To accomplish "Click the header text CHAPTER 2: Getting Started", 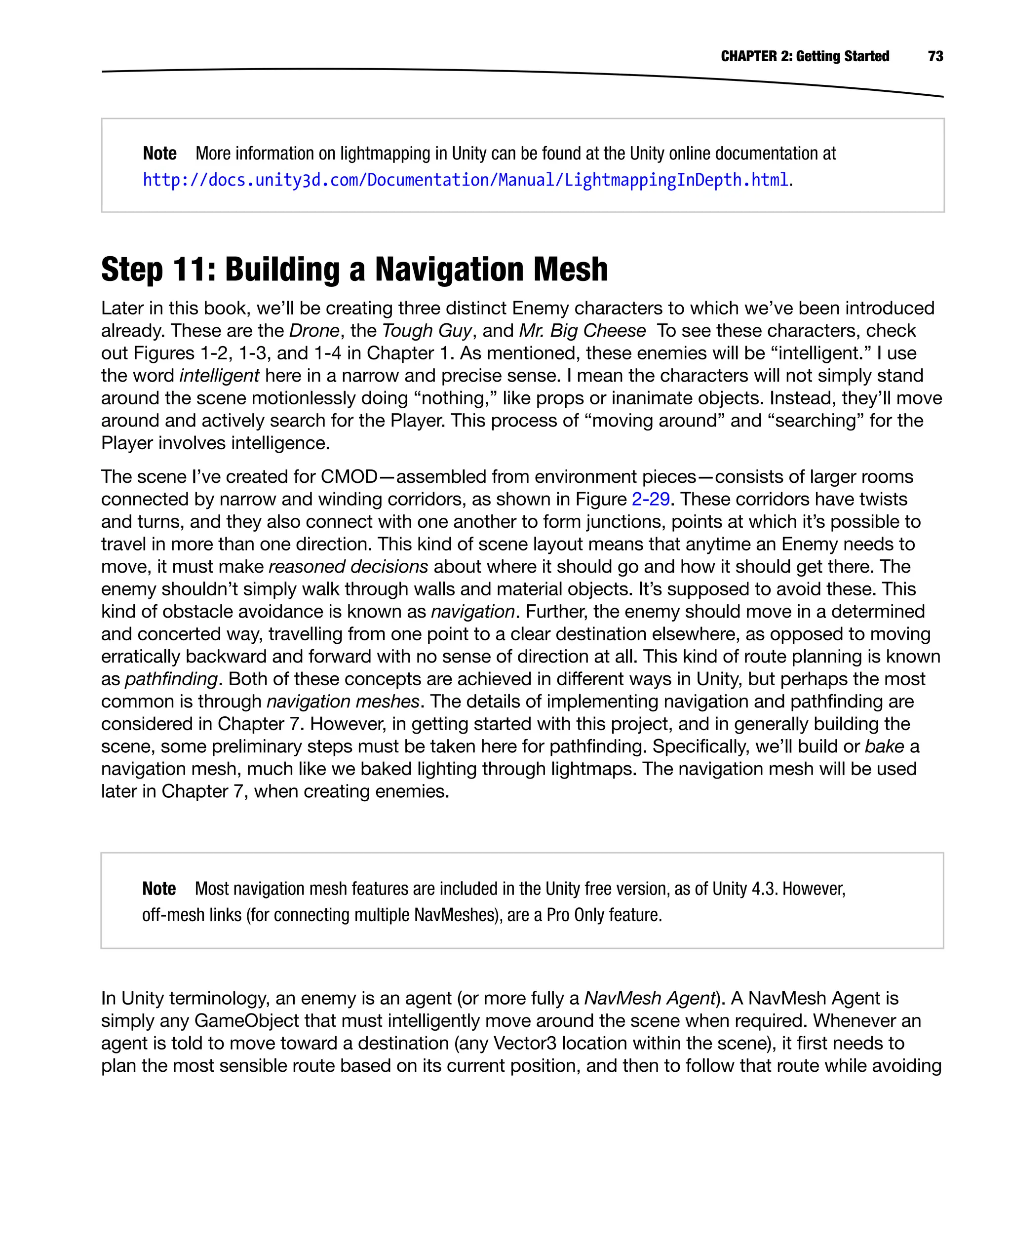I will pos(804,56).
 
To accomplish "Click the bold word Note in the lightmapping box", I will pos(159,153).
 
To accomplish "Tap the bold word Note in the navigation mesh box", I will pos(159,888).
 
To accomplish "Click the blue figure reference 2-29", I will pos(650,499).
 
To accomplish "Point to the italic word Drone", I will pos(314,331).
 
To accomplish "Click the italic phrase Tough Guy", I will pos(427,331).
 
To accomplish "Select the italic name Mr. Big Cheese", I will pos(582,331).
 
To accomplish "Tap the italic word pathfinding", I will pos(171,679).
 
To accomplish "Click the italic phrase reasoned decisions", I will pos(348,567).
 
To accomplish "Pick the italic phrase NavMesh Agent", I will pos(649,998).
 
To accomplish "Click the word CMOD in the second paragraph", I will pos(349,477).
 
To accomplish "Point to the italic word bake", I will pos(884,747).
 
